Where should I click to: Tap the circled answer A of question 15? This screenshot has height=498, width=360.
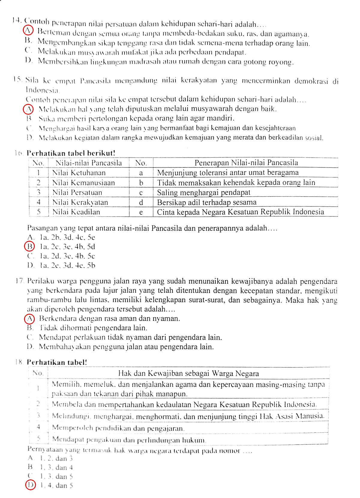(28, 109)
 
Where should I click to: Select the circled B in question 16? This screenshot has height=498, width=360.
(29, 246)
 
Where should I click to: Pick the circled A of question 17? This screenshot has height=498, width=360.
(29, 318)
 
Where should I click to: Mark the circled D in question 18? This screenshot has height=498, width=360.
(30, 485)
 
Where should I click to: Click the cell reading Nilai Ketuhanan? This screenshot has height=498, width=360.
(79, 173)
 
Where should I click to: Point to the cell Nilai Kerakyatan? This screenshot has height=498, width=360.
(80, 202)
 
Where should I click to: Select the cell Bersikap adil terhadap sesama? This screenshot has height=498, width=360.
(207, 202)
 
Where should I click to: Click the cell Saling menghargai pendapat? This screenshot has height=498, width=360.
(203, 192)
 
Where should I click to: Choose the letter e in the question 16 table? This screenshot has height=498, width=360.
(141, 212)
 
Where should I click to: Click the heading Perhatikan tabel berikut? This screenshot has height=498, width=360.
(71, 153)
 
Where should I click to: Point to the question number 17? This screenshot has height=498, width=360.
(19, 281)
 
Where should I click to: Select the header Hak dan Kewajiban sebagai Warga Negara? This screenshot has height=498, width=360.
(188, 373)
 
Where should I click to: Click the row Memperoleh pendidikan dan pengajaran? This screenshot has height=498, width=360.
(118, 428)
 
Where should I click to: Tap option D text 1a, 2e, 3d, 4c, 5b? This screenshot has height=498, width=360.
(67, 265)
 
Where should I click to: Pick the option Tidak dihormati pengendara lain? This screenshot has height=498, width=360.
(93, 328)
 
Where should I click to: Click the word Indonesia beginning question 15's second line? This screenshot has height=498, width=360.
(43, 90)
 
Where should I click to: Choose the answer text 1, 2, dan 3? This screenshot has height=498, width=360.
(56, 458)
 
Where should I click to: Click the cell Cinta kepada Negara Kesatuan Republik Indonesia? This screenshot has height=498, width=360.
(240, 212)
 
